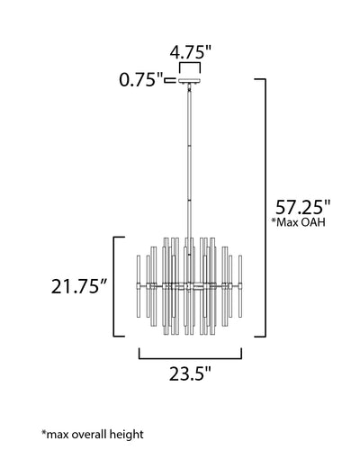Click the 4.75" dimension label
[x=191, y=52]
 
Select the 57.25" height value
[x=302, y=207]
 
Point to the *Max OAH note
[x=298, y=222]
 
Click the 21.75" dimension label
[x=79, y=286]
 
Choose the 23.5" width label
[x=190, y=373]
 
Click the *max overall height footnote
[x=93, y=434]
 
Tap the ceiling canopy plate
[x=190, y=81]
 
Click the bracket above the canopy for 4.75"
[x=190, y=67]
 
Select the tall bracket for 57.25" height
[x=265, y=208]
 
